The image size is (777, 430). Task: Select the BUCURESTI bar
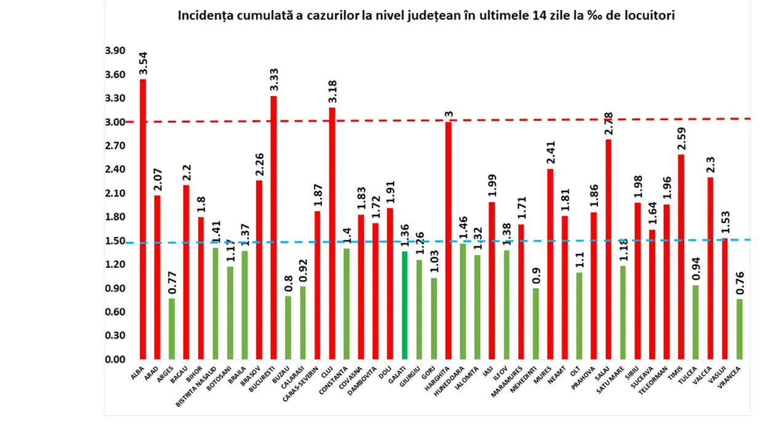[274, 227]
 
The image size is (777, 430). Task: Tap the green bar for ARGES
[172, 329]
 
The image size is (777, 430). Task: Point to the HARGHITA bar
[448, 240]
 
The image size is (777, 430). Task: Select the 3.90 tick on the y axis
[115, 51]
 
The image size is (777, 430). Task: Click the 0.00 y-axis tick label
[115, 359]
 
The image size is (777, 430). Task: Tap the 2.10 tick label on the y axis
[115, 193]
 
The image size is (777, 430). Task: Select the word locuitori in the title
[649, 16]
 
